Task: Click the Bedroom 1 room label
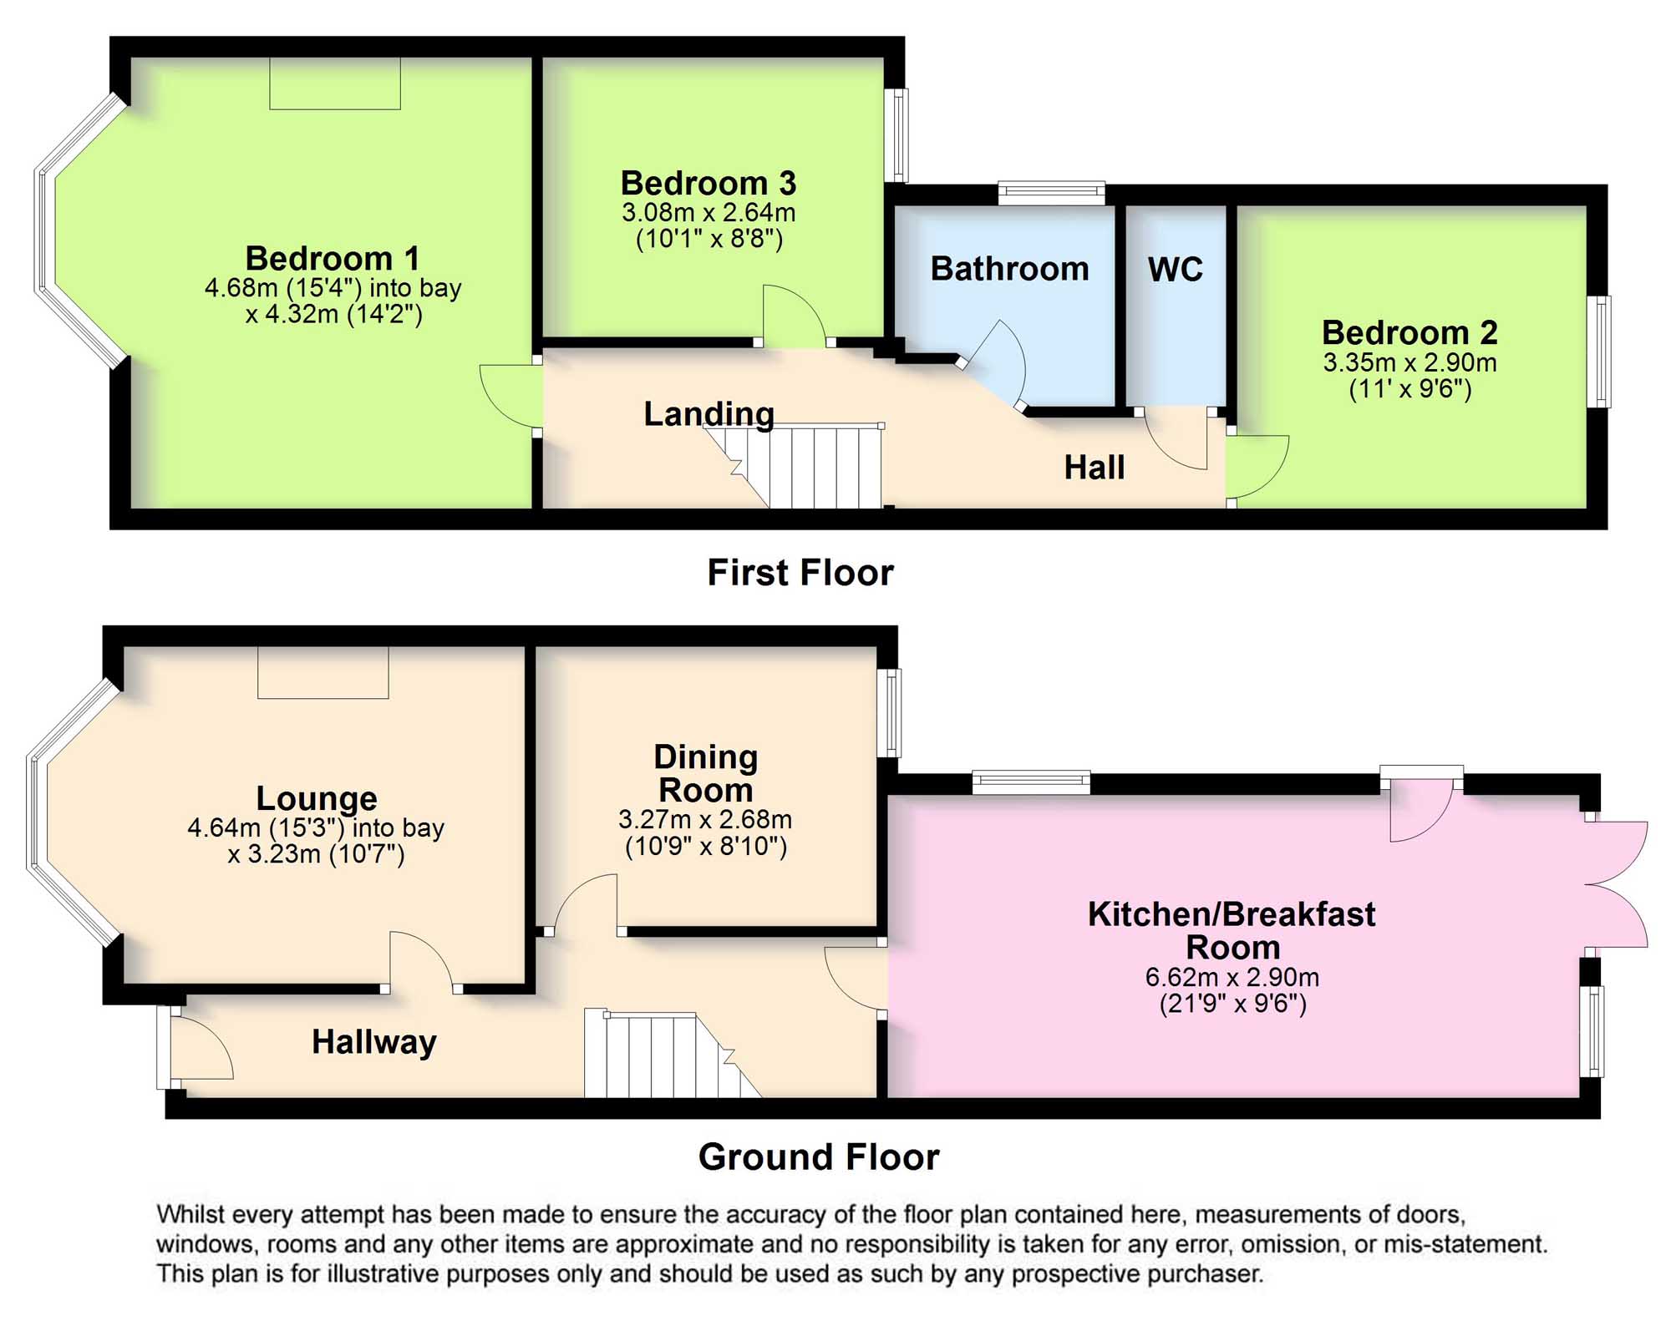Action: (333, 258)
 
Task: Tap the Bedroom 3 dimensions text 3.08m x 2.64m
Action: (709, 212)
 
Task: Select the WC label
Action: (1176, 270)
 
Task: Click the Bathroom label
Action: (1009, 269)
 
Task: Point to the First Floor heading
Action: (800, 573)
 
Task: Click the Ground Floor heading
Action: (819, 1157)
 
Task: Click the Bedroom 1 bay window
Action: (79, 230)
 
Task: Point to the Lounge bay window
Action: (72, 812)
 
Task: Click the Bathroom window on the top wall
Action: (1052, 194)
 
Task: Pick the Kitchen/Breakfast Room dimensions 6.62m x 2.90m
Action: (1232, 977)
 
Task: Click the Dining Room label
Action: (706, 773)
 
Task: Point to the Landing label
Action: (709, 414)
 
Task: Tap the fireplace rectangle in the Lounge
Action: (323, 672)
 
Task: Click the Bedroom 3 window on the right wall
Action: (896, 135)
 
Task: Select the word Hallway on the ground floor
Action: (373, 1042)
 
